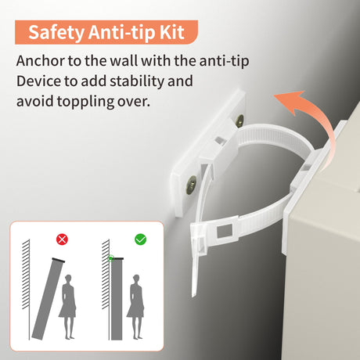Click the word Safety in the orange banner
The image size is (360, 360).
click(56, 33)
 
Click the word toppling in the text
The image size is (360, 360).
click(85, 102)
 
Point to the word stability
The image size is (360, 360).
click(137, 81)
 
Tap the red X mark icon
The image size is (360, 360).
click(62, 239)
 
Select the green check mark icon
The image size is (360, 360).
click(140, 239)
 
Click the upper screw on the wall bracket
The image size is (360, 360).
click(239, 121)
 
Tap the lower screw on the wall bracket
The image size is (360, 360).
click(191, 185)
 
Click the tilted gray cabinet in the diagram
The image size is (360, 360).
click(48, 299)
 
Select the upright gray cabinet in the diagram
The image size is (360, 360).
click(117, 299)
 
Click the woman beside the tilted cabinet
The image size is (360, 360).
click(68, 307)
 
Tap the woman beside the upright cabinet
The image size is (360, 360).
click(135, 307)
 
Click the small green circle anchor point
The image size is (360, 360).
click(110, 258)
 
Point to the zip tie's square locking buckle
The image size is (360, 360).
click(225, 231)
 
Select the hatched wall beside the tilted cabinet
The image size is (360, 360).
click(26, 274)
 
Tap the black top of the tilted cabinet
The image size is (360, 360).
click(59, 260)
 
